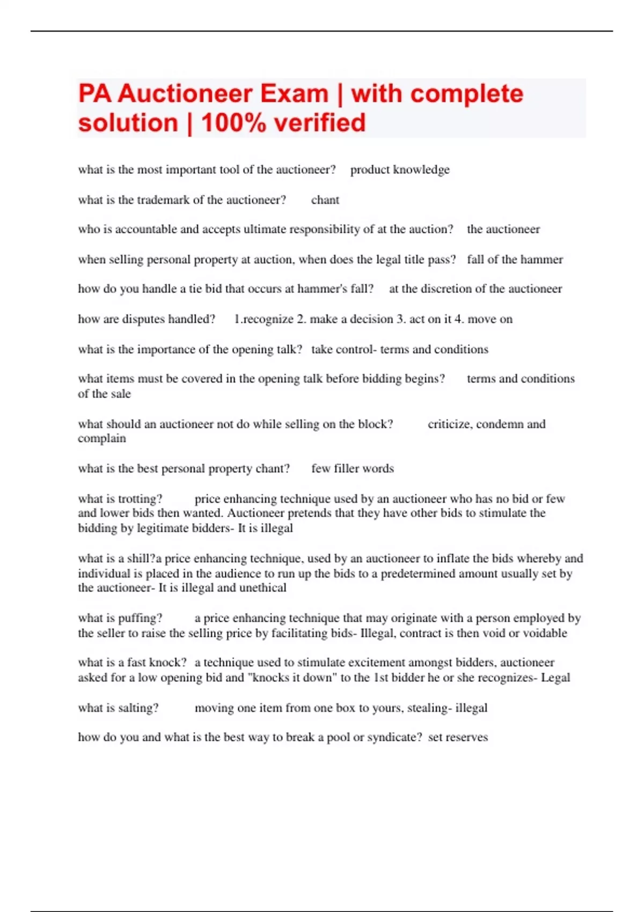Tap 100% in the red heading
click(x=233, y=123)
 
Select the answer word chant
click(x=325, y=200)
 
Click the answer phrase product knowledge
click(x=400, y=170)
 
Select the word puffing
click(x=140, y=618)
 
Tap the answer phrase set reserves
click(x=458, y=737)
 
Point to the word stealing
click(x=427, y=708)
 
